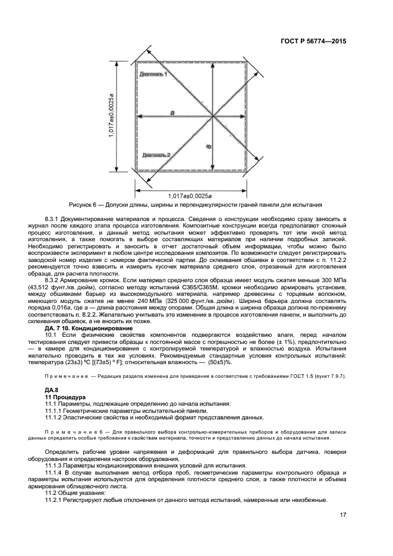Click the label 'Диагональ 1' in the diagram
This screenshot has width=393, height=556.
tap(153, 74)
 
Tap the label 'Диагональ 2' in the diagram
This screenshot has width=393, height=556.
tap(156, 154)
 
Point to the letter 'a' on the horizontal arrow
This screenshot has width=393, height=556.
tap(172, 112)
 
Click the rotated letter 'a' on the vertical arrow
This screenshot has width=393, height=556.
tap(208, 146)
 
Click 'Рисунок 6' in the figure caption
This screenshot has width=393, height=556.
tap(84, 204)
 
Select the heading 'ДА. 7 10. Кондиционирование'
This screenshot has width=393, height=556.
tap(89, 327)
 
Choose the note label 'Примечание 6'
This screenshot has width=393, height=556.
tap(76, 433)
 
